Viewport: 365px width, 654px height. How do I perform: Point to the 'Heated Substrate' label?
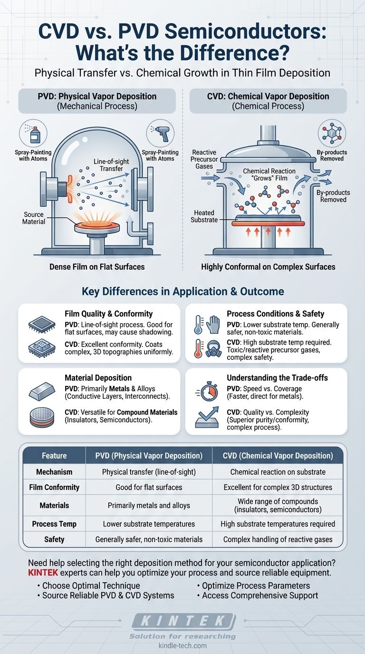[x=204, y=216]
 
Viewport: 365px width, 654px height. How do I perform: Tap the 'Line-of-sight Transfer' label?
[x=108, y=165]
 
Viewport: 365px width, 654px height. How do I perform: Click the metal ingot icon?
[x=42, y=391]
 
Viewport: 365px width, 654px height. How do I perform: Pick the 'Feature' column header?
[x=54, y=456]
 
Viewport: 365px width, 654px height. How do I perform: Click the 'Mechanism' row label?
[x=54, y=472]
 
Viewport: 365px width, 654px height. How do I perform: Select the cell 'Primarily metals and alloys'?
[x=149, y=505]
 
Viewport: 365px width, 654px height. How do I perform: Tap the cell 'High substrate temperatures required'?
[x=278, y=524]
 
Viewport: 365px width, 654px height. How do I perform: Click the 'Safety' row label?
[x=54, y=539]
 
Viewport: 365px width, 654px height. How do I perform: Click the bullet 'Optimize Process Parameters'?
[x=256, y=586]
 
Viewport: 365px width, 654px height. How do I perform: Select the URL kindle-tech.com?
[x=182, y=645]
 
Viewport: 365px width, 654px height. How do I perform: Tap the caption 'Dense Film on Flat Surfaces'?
[x=97, y=267]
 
